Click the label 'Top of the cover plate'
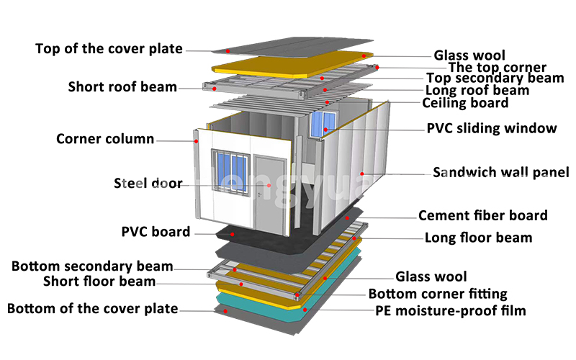coord(109,49)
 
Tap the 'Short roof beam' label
coord(122,87)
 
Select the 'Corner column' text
coord(105,139)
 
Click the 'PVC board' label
coord(156,232)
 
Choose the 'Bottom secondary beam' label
coord(102,267)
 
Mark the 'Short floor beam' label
coord(99,281)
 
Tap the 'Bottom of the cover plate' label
coord(92,309)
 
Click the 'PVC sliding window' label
coord(492,129)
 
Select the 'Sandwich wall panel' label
coord(500,172)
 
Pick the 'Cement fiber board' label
coord(482,215)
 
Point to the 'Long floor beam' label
coord(478,238)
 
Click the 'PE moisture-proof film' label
coord(451,311)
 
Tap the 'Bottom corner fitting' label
coord(438,294)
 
